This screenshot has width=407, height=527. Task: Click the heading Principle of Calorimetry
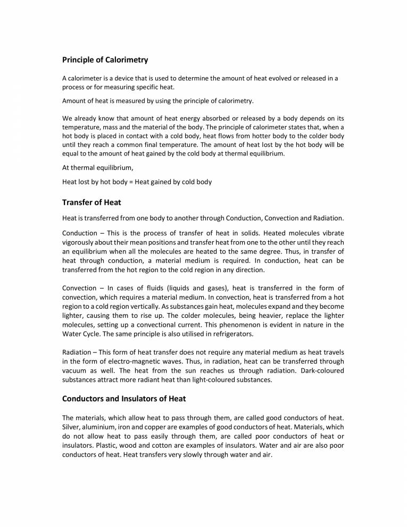[x=105, y=60]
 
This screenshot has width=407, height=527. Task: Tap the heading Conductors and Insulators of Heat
[x=124, y=398]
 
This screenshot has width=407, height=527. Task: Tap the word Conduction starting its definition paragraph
[x=80, y=234]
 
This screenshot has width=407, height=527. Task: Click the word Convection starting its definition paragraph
[x=80, y=288]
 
